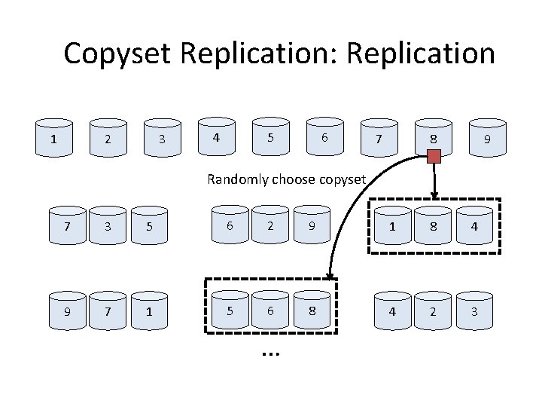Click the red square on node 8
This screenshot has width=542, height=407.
[434, 157]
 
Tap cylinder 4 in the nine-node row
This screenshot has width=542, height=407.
[217, 137]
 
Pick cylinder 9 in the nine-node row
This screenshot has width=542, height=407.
[488, 139]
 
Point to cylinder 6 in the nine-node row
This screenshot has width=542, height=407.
[324, 137]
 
